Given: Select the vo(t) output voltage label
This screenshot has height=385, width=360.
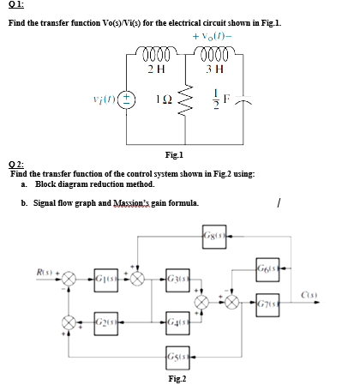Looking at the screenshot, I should tap(215, 39).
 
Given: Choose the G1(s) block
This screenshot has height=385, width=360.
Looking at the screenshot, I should tap(109, 277).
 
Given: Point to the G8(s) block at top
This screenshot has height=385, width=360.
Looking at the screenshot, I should tap(217, 236).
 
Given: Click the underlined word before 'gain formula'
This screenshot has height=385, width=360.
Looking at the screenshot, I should tap(129, 203).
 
